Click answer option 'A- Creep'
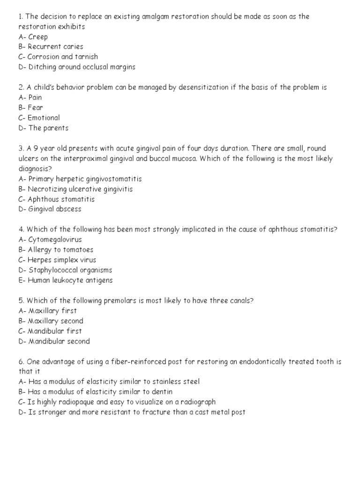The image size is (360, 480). (33, 37)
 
